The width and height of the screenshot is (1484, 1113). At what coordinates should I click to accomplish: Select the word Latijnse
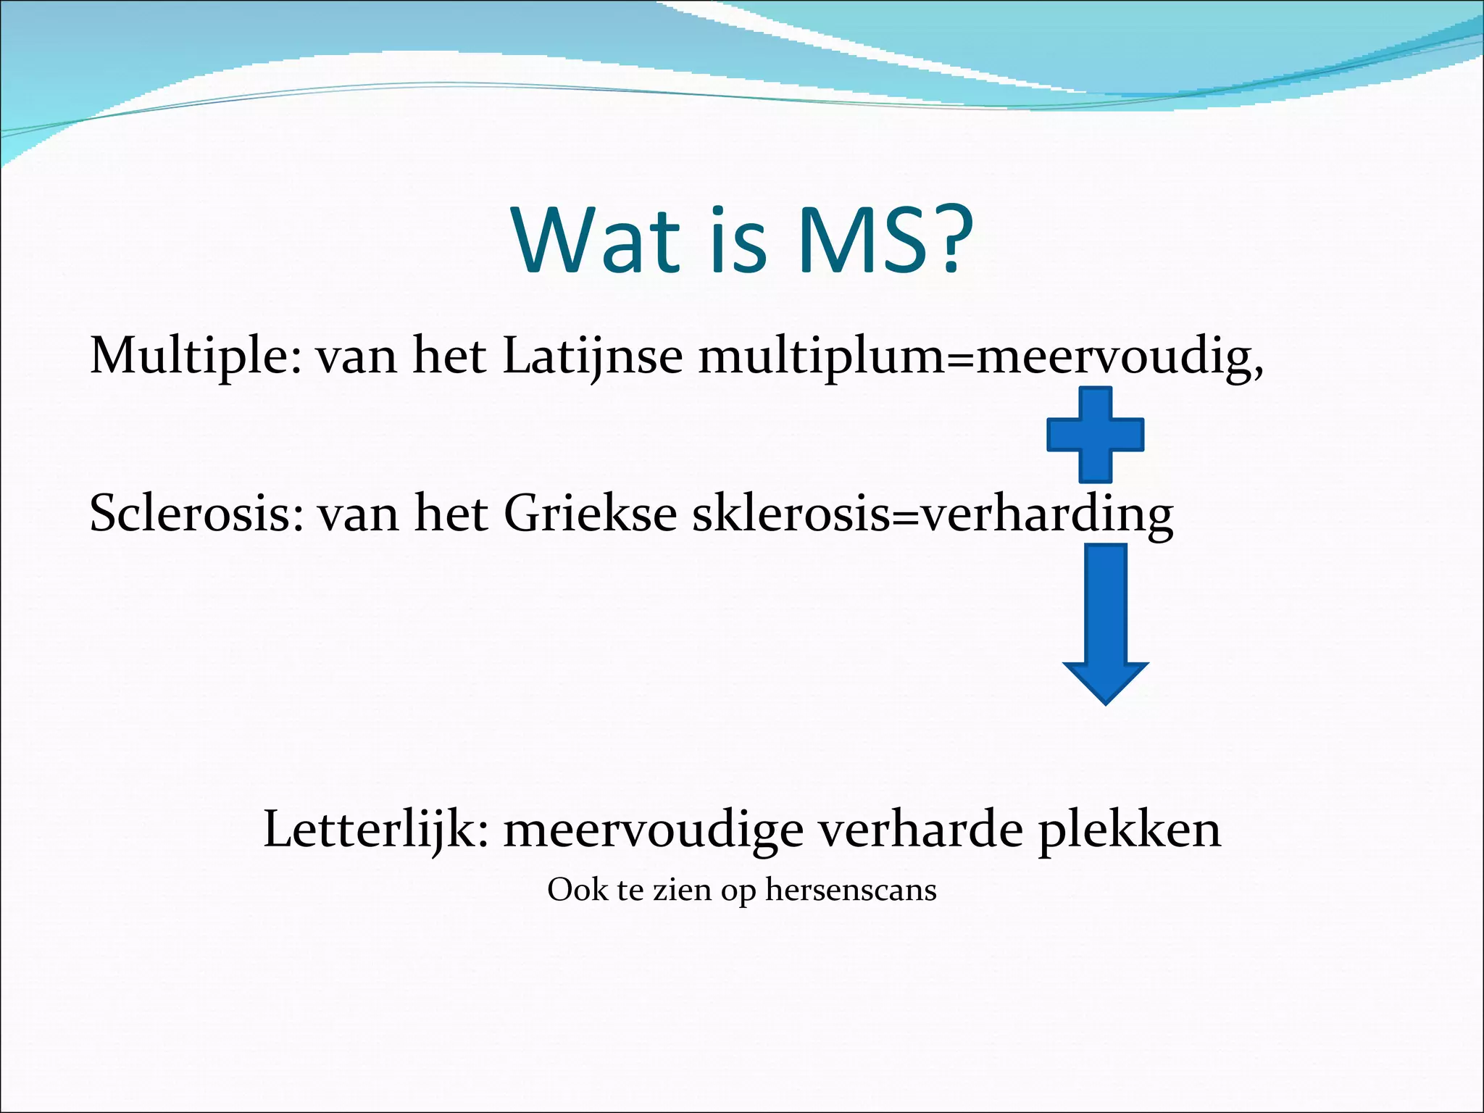pos(592,357)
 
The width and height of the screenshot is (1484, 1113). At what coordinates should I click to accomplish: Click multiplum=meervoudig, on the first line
pos(981,357)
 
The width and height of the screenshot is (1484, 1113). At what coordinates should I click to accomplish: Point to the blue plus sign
pos(1095,435)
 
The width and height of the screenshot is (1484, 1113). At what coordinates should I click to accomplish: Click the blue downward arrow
pos(1105,623)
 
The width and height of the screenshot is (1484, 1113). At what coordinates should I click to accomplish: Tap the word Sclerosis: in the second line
pos(196,514)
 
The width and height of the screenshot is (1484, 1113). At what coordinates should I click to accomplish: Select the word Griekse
pos(590,514)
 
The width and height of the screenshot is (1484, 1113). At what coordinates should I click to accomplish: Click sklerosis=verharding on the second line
pos(933,514)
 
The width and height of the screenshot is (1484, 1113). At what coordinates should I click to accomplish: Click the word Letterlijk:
pos(375,829)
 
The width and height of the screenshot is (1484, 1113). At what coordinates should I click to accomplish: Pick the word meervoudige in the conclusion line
pos(653,829)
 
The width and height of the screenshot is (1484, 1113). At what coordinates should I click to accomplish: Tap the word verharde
pos(920,829)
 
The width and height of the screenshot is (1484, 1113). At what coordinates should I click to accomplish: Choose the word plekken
pos(1130,829)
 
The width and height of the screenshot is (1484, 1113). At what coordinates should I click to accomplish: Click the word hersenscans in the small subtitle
pos(851,890)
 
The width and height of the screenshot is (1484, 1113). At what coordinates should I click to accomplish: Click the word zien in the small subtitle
pos(682,890)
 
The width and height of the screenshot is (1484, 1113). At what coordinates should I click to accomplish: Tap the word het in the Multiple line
pos(449,357)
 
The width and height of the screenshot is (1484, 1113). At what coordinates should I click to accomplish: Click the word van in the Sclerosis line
pos(358,514)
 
